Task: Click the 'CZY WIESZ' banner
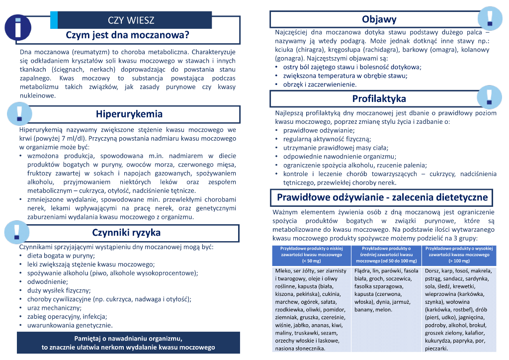tap(131, 20)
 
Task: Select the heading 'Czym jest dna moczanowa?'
tap(128, 36)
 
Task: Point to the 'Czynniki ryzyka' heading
tap(126, 233)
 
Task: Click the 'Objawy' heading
tap(379, 19)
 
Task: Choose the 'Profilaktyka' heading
tap(379, 98)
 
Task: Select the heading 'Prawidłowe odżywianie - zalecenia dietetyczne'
tap(382, 197)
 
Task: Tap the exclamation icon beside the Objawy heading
tap(489, 18)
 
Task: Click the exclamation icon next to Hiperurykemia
tap(19, 113)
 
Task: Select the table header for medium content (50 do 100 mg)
tap(386, 254)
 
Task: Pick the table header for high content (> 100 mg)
tap(459, 254)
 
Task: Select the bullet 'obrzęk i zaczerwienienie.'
tap(320, 85)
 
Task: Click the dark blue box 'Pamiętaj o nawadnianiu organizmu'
tap(128, 343)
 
